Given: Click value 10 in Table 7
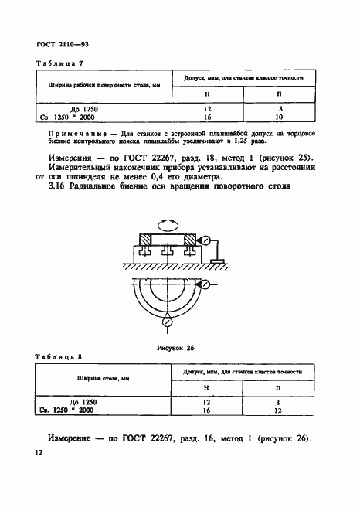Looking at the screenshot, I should (x=280, y=118).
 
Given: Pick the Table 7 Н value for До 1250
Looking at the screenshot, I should (x=206, y=109).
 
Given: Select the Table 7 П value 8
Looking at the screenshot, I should (x=280, y=109).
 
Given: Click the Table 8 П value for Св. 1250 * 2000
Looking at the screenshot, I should (x=278, y=411).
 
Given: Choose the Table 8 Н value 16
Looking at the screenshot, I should (x=206, y=411).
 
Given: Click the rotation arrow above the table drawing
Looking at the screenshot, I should (x=168, y=227).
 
